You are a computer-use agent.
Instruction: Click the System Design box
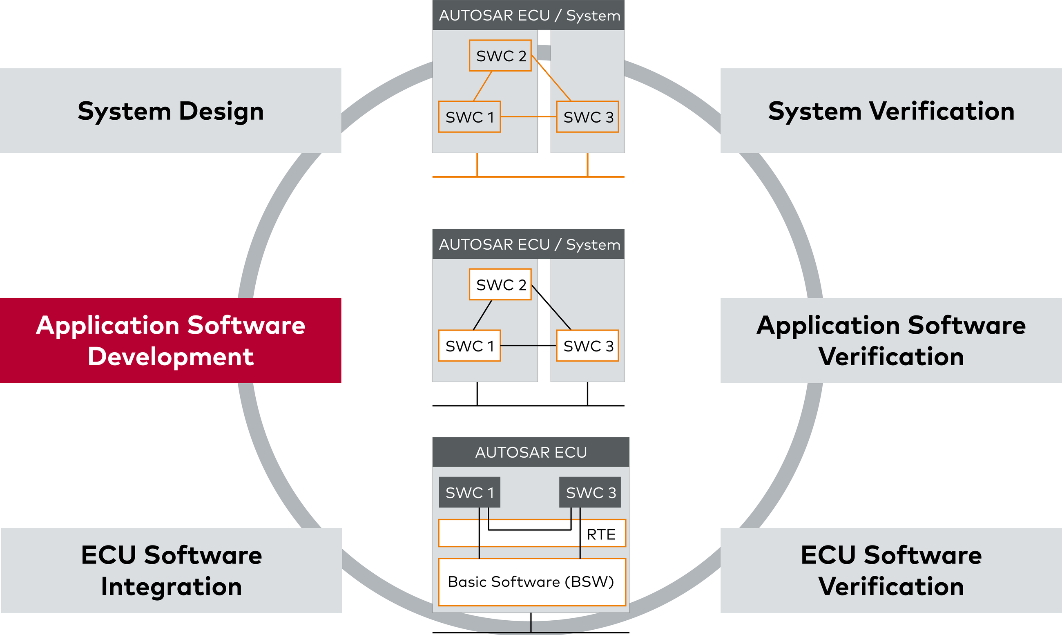pos(170,111)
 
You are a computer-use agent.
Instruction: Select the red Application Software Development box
pos(170,341)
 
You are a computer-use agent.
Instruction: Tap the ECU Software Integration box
pos(171,570)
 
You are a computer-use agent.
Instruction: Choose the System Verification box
pos(891,111)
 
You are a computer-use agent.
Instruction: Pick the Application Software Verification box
pos(891,341)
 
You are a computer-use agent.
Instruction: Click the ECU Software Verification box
pos(891,570)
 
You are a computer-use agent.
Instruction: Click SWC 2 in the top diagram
pos(500,56)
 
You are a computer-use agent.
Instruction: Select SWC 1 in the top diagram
pos(469,117)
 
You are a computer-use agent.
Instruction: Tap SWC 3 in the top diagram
pos(587,117)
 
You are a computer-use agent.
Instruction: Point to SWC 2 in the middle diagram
pos(500,284)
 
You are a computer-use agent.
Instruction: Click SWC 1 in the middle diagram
pos(469,346)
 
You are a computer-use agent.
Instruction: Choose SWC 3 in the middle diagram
pos(587,346)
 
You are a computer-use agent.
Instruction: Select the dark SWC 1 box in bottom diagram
pos(469,492)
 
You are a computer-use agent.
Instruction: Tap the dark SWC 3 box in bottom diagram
pos(590,492)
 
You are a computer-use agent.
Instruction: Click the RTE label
pos(600,534)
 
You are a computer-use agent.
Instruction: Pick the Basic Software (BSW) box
pos(532,582)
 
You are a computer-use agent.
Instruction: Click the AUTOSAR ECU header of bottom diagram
pos(530,452)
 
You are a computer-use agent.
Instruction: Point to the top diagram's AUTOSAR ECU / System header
pos(528,16)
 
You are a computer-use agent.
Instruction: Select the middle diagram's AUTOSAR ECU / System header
pos(528,244)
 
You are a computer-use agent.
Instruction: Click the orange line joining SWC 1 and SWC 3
pos(528,116)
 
